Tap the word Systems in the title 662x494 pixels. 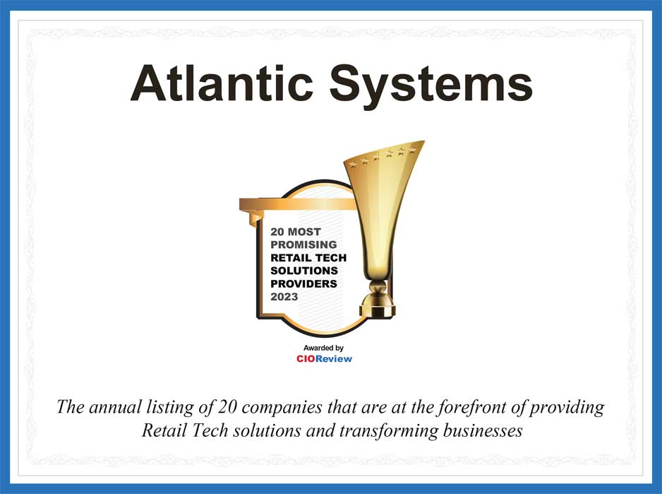pos(431,83)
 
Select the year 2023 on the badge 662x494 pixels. pos(284,297)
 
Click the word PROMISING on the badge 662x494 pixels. pos(303,245)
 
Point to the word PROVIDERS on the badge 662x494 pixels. pos(303,284)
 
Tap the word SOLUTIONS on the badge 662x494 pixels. pos(304,271)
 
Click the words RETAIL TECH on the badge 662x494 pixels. pos(308,258)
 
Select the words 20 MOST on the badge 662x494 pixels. pos(295,232)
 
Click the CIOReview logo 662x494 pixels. pos(324,359)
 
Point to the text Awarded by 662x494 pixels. pos(323,348)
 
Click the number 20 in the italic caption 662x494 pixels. pos(226,408)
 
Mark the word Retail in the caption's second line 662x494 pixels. pos(162,430)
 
